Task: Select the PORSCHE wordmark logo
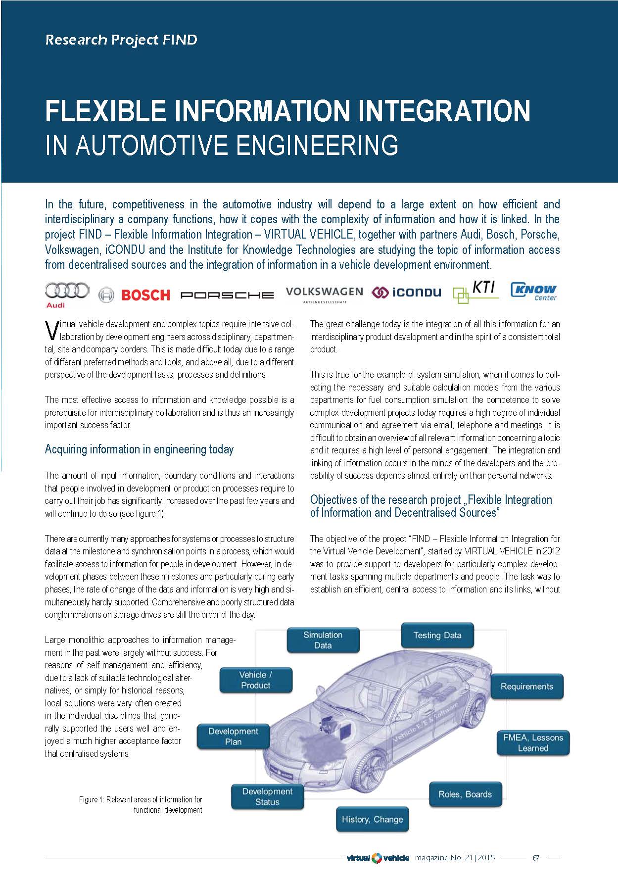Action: [227, 295]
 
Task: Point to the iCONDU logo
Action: [407, 293]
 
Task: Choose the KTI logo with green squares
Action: [475, 292]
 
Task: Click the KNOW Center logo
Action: [533, 292]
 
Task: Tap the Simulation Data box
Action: [323, 640]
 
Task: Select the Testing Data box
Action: [437, 635]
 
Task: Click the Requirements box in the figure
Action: [526, 686]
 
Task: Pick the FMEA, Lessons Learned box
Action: [533, 742]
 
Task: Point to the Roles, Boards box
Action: [465, 794]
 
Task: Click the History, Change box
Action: [372, 819]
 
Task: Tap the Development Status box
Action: [267, 796]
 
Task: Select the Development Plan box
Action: [233, 736]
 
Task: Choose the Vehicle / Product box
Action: [255, 680]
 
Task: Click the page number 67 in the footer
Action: [536, 858]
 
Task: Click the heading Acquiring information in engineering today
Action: [139, 449]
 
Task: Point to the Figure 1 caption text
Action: [141, 804]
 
